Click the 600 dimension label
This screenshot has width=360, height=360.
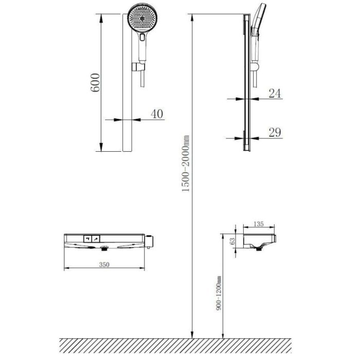tap(95, 83)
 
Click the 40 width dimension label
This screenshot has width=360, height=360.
tap(157, 114)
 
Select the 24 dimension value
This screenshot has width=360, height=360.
tap(275, 94)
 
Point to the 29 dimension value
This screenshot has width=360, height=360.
tap(275, 133)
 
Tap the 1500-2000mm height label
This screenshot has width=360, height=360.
tap(186, 164)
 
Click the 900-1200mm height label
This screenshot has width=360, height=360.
tap(219, 293)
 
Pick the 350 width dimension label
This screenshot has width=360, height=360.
tap(104, 264)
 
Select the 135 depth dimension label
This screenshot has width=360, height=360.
tap(259, 224)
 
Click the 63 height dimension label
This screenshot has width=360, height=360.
tap(232, 241)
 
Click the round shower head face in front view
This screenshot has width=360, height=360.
tap(142, 19)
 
